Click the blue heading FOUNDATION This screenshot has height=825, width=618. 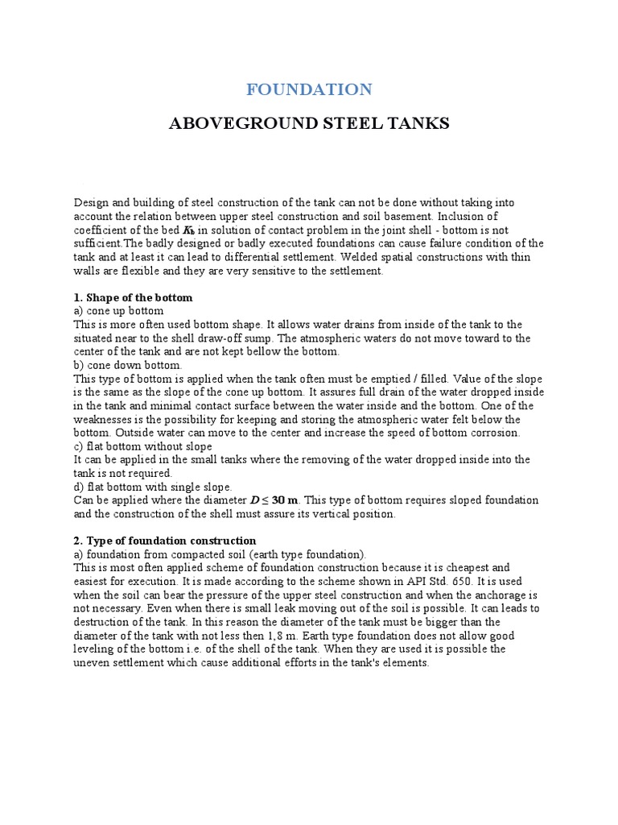tap(308, 89)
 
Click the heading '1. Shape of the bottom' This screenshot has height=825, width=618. tap(133, 297)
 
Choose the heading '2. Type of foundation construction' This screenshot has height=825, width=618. tap(165, 540)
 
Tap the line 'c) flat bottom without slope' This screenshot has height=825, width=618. tap(142, 446)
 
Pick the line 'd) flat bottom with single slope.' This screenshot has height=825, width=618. tap(153, 487)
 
